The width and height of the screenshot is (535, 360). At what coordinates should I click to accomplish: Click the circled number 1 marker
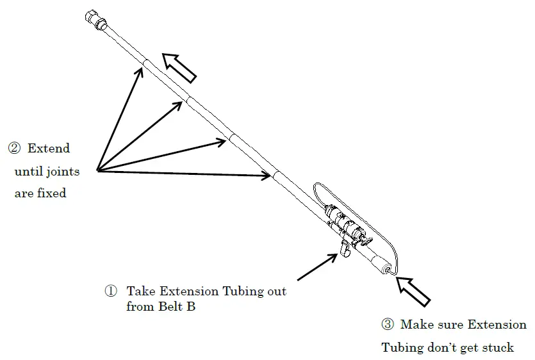111,291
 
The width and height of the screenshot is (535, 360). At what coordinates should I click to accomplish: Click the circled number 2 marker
13,149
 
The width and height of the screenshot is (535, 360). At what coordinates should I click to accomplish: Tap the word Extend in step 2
49,149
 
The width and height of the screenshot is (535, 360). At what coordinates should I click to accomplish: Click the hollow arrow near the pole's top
179,67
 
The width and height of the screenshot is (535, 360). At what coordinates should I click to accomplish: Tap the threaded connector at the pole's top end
95,20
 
